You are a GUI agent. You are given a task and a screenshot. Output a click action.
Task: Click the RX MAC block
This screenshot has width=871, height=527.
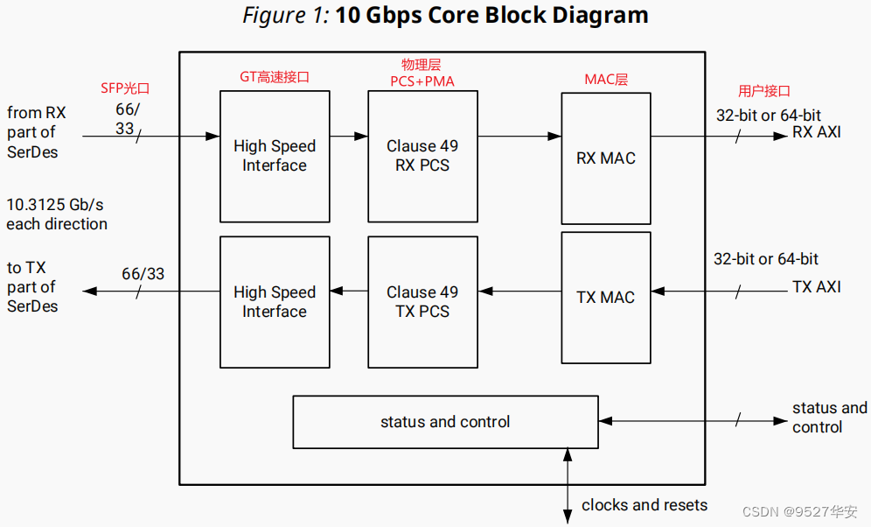coord(605,158)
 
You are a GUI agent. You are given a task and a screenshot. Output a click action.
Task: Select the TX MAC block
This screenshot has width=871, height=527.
coord(605,297)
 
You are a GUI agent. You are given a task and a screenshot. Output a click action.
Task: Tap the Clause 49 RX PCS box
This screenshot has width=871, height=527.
coord(422,156)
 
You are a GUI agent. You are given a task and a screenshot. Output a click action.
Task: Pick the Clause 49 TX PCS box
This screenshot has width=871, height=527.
coord(422,301)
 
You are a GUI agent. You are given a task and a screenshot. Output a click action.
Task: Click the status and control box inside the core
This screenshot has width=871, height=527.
coord(445,422)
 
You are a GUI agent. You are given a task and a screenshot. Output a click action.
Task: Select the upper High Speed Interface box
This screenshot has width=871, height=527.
coord(275,156)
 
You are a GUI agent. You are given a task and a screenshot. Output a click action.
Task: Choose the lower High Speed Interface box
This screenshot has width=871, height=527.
coord(275,301)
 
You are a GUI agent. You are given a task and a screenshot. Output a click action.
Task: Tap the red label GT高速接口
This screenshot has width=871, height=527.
coord(275,77)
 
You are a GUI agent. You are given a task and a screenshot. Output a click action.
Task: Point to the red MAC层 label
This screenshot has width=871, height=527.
coord(606,80)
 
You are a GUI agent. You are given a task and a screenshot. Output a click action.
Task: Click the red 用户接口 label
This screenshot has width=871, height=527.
coord(764,90)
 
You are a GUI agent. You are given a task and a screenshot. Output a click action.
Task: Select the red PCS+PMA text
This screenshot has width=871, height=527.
coord(422,81)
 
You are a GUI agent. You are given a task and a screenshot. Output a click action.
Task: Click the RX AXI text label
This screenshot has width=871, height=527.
coord(817,132)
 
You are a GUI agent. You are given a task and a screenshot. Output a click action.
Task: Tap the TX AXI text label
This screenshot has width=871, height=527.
coord(817,286)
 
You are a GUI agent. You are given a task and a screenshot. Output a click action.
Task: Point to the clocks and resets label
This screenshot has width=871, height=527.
coord(645,505)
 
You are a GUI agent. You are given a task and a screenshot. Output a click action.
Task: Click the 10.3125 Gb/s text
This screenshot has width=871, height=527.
coord(55,205)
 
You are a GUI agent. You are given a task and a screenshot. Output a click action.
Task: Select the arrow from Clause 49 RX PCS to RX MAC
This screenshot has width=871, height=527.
coord(519,136)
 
